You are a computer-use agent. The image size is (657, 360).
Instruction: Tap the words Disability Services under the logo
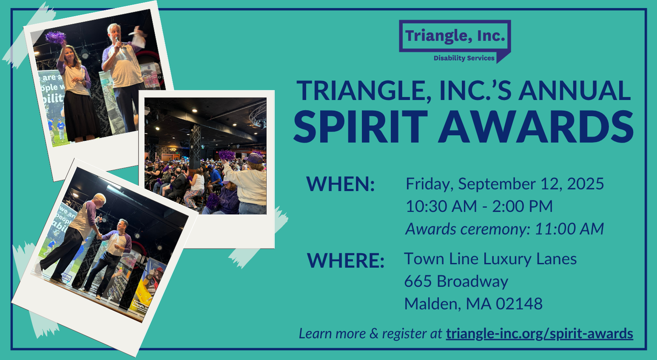click(464, 58)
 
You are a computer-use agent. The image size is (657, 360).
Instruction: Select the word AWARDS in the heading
click(536, 127)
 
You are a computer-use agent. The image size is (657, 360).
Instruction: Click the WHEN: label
click(341, 184)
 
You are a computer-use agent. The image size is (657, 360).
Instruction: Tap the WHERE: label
click(346, 260)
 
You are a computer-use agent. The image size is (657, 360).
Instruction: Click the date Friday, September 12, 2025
click(505, 184)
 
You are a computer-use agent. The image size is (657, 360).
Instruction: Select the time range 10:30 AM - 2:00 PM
click(479, 206)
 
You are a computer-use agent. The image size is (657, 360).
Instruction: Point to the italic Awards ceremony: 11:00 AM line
click(504, 229)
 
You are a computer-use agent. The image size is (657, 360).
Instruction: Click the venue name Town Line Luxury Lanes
click(490, 259)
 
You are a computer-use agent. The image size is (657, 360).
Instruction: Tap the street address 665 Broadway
click(456, 281)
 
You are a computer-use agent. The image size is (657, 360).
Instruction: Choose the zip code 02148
click(519, 304)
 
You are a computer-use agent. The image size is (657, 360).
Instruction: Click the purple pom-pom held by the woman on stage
click(55, 37)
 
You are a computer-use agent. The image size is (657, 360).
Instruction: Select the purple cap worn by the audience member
click(254, 158)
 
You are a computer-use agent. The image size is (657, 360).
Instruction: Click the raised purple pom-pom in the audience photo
click(227, 155)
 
